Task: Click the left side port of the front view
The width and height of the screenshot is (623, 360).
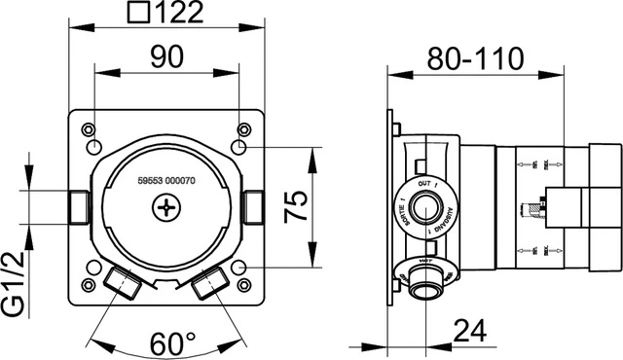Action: (x=78, y=206)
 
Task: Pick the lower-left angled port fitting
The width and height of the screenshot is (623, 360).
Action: (x=121, y=283)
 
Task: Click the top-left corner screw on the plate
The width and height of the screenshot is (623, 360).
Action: (x=90, y=128)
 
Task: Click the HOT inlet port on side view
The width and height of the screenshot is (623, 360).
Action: (x=423, y=284)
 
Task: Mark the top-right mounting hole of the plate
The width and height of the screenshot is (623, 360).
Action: (x=239, y=146)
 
